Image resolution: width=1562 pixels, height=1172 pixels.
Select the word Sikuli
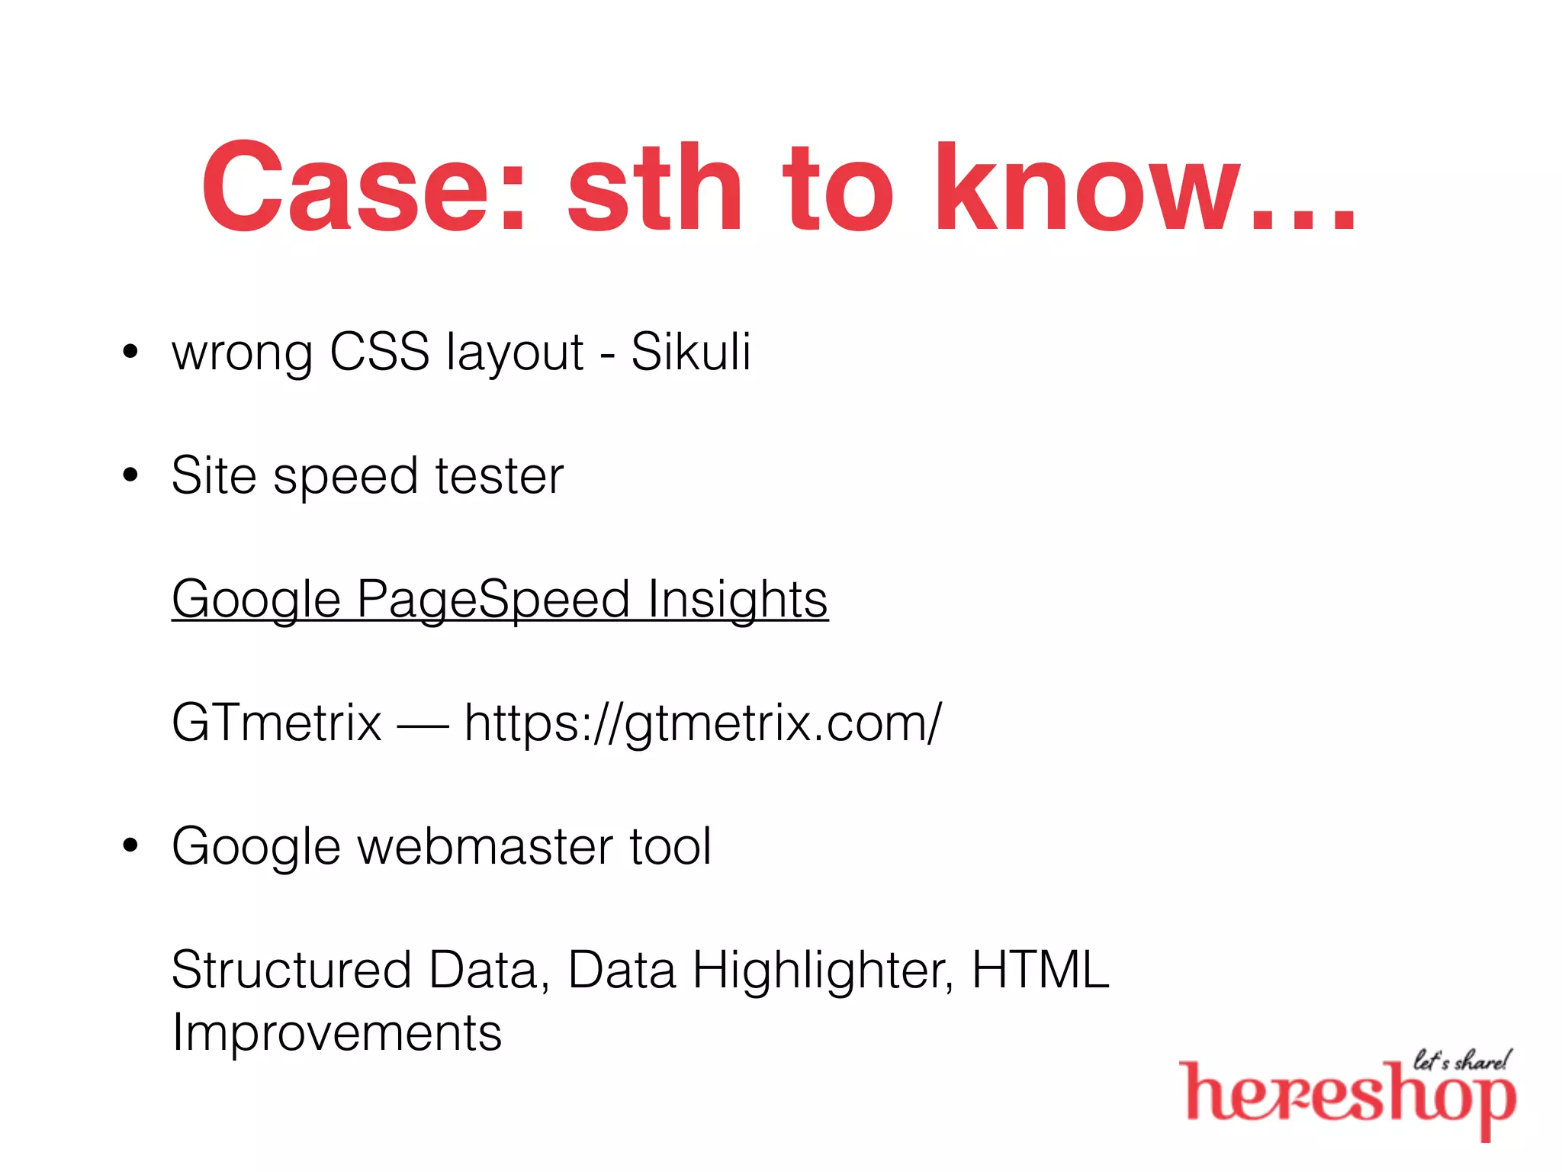(690, 352)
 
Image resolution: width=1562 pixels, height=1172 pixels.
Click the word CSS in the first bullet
(379, 352)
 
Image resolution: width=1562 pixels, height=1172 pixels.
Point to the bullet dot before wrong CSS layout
(131, 352)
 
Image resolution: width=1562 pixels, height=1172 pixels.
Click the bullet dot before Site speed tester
(131, 475)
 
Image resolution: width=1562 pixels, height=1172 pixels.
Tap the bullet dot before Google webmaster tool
(131, 845)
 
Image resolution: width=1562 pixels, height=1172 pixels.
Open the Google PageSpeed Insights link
(500, 599)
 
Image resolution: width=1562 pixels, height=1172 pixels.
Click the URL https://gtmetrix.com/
(702, 723)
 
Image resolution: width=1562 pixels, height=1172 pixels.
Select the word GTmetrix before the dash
(276, 723)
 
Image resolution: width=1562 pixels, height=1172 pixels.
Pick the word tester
(499, 475)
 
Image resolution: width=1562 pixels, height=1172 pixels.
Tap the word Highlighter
(822, 970)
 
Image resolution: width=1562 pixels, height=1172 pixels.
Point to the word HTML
(1040, 970)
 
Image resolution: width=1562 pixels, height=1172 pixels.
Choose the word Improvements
(336, 1032)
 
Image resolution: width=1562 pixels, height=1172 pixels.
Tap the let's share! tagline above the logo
(1461, 1061)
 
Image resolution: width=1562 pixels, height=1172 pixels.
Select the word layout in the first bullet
(515, 353)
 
